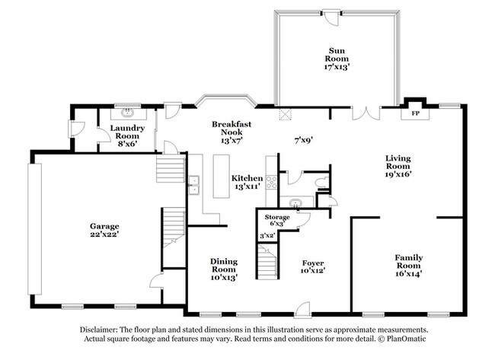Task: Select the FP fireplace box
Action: pos(416,113)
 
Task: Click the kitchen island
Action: pos(222,174)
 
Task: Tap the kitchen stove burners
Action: pos(270,183)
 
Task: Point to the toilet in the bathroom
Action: pos(322,183)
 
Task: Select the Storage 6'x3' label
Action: pos(277,221)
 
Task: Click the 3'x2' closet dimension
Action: pos(267,237)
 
